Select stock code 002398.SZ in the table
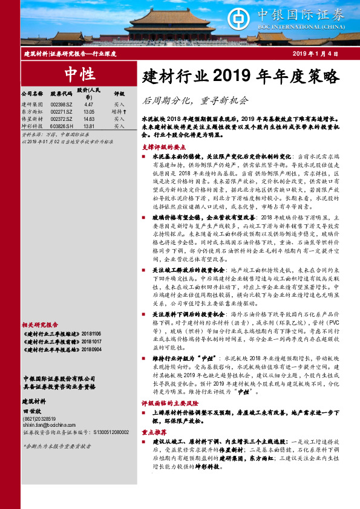click(61, 105)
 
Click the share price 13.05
click(89, 112)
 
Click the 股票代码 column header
click(61, 94)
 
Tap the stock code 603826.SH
click(62, 126)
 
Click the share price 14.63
click(89, 119)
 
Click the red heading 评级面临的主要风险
click(167, 401)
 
